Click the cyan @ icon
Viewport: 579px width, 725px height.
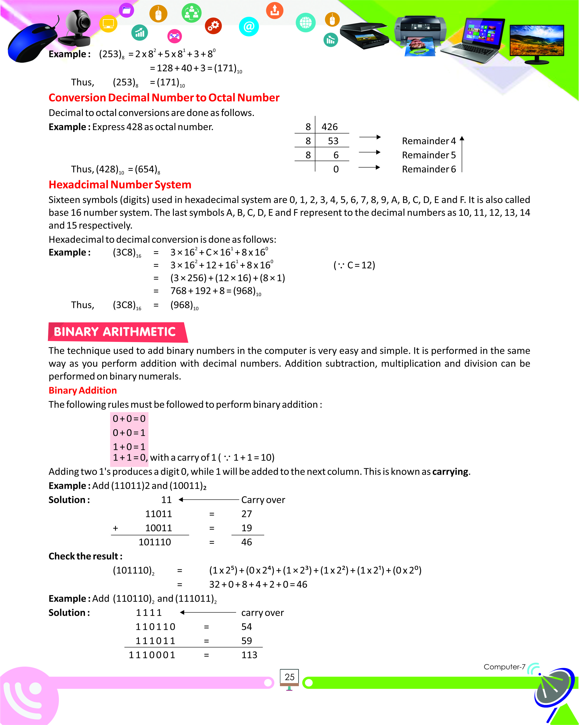[249, 26]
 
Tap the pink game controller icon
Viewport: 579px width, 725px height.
[174, 36]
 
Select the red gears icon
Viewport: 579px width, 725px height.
[213, 26]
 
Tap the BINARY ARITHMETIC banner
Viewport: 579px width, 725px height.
[115, 332]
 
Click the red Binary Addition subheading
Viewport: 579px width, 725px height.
[83, 391]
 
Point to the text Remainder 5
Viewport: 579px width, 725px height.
[429, 155]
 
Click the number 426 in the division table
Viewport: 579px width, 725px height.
[329, 127]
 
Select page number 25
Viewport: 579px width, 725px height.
[289, 677]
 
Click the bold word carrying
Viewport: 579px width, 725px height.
[450, 472]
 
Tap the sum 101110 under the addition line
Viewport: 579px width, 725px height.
[155, 542]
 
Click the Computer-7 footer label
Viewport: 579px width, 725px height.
[504, 667]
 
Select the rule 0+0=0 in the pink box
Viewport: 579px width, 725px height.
[129, 419]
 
